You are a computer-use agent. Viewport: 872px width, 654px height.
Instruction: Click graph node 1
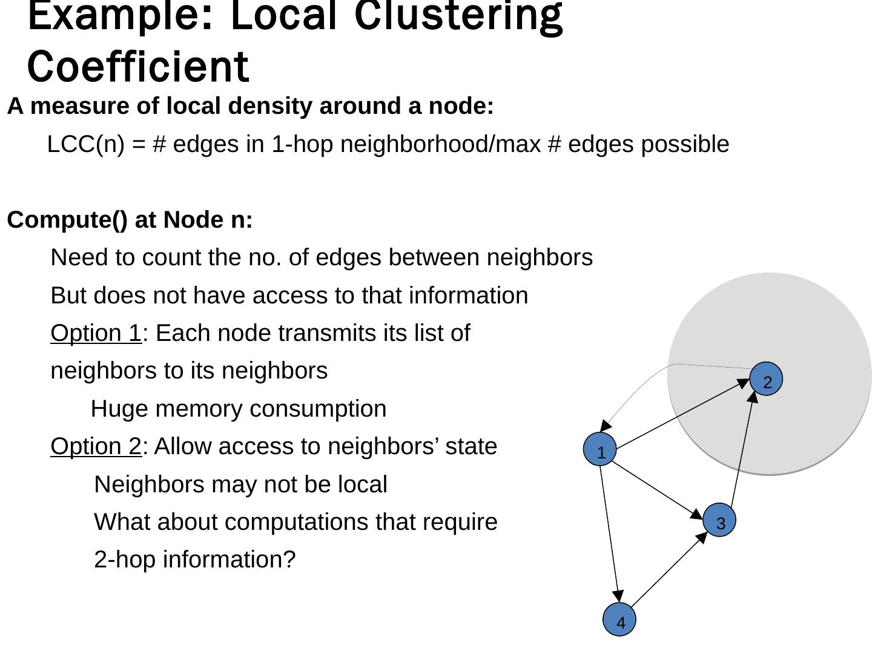(x=600, y=451)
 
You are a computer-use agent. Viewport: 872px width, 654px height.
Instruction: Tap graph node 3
(x=720, y=521)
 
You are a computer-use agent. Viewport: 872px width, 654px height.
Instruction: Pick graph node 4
(x=619, y=621)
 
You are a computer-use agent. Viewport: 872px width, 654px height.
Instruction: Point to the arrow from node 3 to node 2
(x=742, y=451)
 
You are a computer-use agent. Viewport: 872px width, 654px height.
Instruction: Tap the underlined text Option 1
(x=96, y=333)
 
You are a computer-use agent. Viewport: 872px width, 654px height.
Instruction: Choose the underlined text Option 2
(x=96, y=446)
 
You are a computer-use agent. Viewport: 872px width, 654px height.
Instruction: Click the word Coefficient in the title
(x=138, y=67)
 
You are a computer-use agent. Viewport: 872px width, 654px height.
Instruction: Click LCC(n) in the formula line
(x=85, y=145)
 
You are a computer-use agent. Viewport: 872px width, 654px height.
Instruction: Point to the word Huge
(x=119, y=409)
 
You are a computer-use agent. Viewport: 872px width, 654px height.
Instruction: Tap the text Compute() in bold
(x=67, y=220)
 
